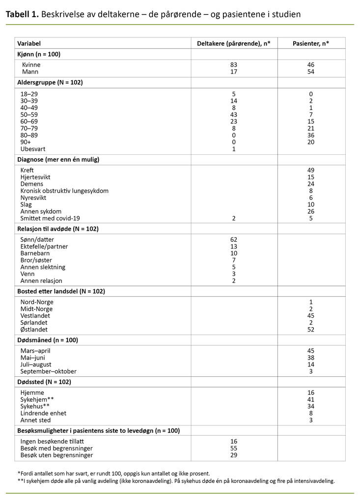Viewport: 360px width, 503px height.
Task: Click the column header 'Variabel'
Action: click(28, 44)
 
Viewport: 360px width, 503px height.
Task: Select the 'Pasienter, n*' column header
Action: click(311, 44)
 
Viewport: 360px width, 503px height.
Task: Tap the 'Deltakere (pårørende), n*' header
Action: click(234, 44)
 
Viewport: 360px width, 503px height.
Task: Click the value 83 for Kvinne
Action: click(234, 65)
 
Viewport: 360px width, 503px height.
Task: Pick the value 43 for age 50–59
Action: click(234, 114)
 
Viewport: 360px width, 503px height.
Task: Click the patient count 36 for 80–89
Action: click(311, 135)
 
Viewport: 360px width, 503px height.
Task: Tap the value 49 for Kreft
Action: click(311, 170)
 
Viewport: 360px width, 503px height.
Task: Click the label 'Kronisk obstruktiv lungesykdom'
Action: click(64, 191)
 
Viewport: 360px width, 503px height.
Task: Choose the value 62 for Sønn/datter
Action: click(234, 240)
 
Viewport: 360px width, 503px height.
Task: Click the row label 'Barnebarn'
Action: click(35, 253)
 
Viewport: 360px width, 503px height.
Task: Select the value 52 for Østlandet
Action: click(311, 330)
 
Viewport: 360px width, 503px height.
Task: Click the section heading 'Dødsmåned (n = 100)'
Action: click(48, 340)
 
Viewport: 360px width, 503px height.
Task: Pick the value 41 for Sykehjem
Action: click(311, 399)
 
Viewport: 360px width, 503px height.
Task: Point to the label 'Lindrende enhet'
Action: click(43, 413)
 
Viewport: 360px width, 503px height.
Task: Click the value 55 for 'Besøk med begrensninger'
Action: click(234, 448)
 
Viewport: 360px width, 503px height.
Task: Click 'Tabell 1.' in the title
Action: click(22, 14)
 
